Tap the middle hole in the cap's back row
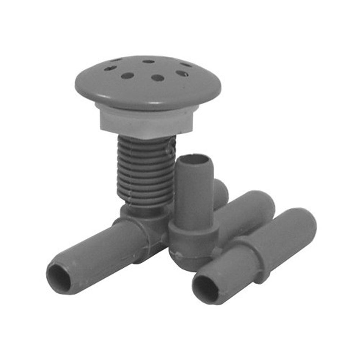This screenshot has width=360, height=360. (149, 61)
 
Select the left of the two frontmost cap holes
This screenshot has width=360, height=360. (127, 76)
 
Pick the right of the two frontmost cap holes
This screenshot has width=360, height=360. (157, 78)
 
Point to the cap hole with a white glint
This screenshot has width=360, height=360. (182, 73)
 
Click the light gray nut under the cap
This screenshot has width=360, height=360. (146, 121)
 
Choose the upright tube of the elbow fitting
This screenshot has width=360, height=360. (194, 193)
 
